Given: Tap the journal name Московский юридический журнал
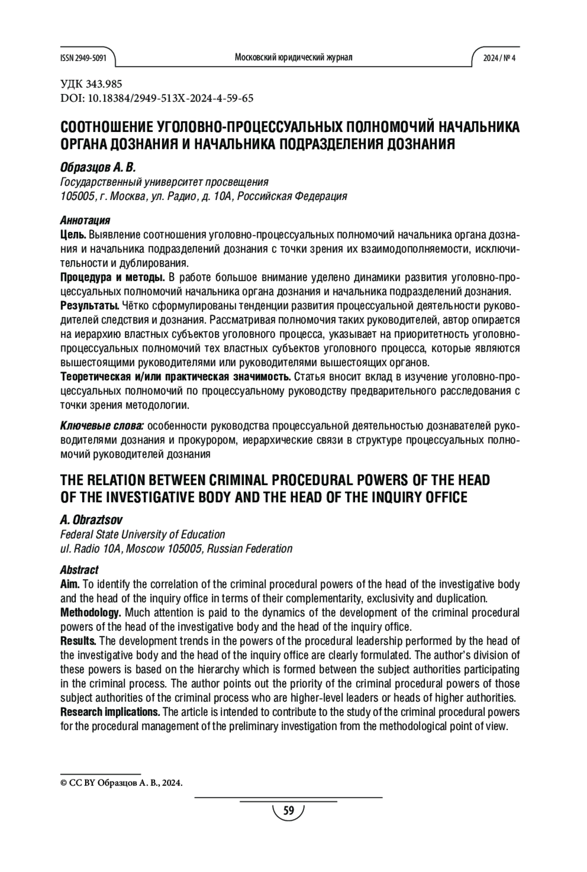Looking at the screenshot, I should [293, 58].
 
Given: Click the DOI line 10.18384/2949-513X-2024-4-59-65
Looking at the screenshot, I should [157, 98].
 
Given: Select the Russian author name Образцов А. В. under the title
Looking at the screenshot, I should [97, 168].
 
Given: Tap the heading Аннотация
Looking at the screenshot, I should [85, 220].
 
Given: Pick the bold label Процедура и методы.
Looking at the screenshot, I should [112, 278].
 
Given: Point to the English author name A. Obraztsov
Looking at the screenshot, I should [91, 519].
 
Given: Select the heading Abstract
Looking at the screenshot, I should [79, 570].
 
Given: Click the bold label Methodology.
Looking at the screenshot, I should [90, 613].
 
